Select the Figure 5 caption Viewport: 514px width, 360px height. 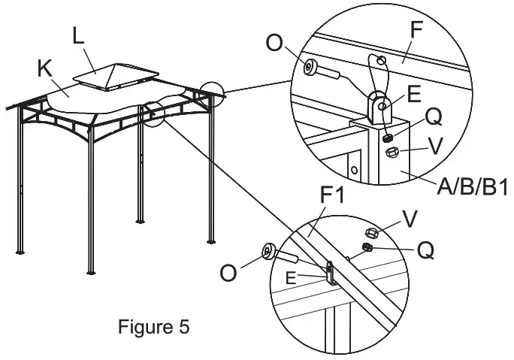(x=154, y=328)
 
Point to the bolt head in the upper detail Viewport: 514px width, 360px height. (x=310, y=68)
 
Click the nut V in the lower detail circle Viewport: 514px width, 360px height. (x=370, y=231)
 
